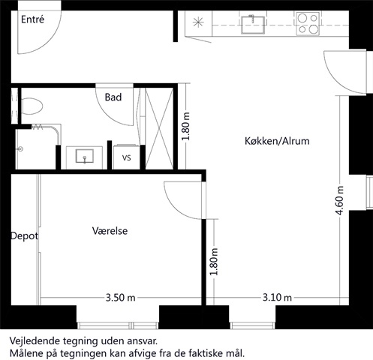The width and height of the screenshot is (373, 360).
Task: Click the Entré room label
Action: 32,19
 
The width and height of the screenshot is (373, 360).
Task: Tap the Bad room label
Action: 113,97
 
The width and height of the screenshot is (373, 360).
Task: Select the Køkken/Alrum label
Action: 277,141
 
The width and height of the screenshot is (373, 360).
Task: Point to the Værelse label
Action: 110,231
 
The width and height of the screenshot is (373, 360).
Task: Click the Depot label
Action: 25,236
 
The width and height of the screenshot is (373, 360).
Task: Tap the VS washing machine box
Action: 127,157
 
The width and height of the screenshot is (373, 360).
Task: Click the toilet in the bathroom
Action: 32,106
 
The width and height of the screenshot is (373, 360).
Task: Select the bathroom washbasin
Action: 85,156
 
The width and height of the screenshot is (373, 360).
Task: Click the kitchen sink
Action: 253,24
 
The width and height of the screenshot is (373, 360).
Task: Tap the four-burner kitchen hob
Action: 308,24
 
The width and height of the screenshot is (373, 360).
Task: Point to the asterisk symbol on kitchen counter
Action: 198,22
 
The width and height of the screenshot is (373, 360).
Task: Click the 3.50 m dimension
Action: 120,298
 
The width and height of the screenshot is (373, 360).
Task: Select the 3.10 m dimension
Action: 277,298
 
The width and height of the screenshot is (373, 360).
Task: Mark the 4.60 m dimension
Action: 340,200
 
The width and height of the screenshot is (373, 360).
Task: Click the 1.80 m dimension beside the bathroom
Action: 186,127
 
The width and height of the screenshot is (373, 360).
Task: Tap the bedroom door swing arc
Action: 175,207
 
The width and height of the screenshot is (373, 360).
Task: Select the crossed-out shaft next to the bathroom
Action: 159,128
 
